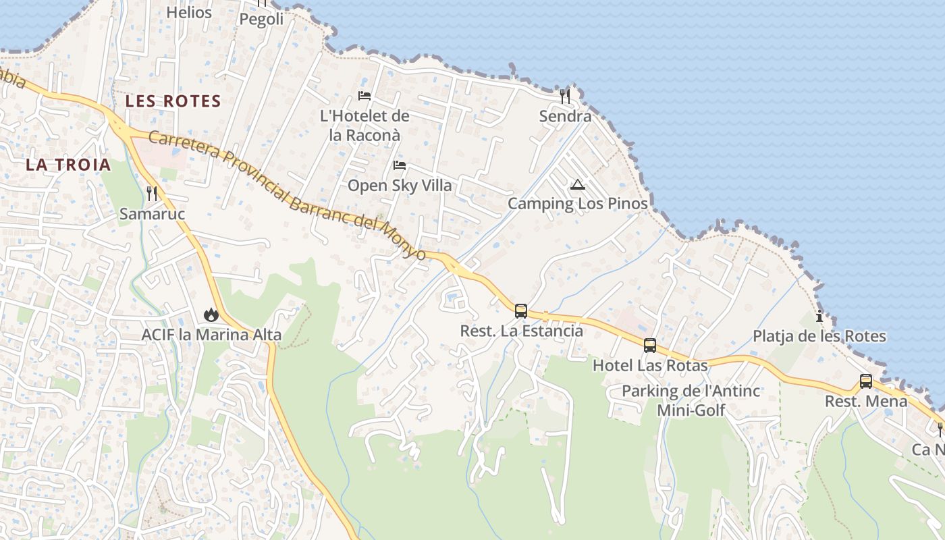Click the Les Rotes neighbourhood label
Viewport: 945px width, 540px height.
point(173,101)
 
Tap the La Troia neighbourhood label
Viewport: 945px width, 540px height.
point(68,164)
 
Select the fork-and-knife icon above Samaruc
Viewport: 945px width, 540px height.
point(152,194)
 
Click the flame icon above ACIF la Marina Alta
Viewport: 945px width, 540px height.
point(211,315)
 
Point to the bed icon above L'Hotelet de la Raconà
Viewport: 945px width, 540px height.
point(364,96)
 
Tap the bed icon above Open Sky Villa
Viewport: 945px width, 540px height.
point(400,165)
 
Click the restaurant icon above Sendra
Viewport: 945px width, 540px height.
point(565,96)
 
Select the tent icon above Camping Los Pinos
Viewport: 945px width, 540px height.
point(577,184)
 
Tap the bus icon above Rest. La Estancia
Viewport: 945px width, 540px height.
point(521,311)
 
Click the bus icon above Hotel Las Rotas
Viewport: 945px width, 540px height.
point(650,346)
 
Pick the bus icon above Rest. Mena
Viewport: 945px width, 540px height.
point(866,381)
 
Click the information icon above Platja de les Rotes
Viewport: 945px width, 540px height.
point(819,316)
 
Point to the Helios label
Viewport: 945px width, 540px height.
point(189,12)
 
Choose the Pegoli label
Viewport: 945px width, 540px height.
point(262,20)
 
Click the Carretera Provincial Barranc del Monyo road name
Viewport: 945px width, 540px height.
point(287,196)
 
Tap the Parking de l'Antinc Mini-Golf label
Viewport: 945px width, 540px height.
point(691,400)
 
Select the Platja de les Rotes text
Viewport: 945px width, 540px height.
point(819,336)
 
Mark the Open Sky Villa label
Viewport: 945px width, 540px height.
point(400,186)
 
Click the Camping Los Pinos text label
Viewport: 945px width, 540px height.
point(578,203)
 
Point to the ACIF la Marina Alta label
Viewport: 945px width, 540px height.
point(211,335)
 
